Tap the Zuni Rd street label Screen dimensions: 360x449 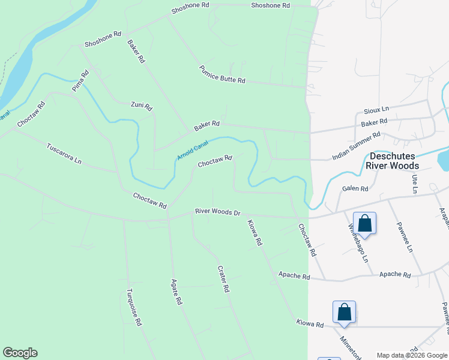coord(142,106)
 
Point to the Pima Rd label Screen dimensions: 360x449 coord(80,80)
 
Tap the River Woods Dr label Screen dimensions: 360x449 coord(217,212)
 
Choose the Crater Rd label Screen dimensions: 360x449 coord(223,279)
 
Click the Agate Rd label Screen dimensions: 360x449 coord(176,292)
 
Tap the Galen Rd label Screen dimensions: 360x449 coord(355,188)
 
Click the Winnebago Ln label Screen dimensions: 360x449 coord(358,245)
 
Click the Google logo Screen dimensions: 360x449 coord(20,353)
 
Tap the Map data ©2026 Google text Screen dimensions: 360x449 coord(411,355)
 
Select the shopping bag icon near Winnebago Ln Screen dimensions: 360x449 coord(364,224)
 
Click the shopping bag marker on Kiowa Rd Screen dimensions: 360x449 coord(344,313)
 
